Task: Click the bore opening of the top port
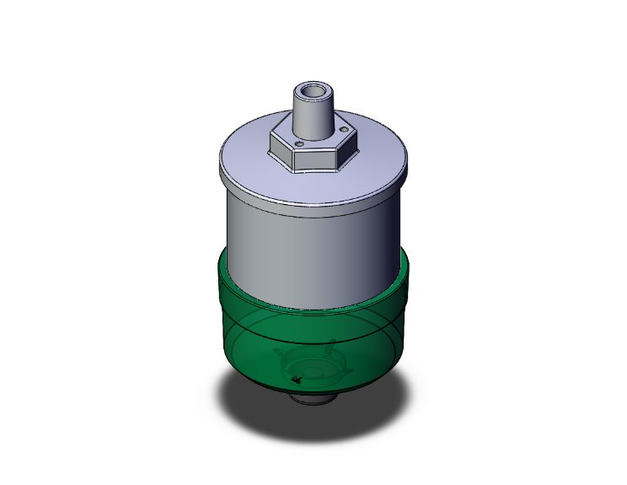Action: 313,90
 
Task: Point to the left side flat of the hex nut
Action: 281,153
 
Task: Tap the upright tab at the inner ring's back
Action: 331,344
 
